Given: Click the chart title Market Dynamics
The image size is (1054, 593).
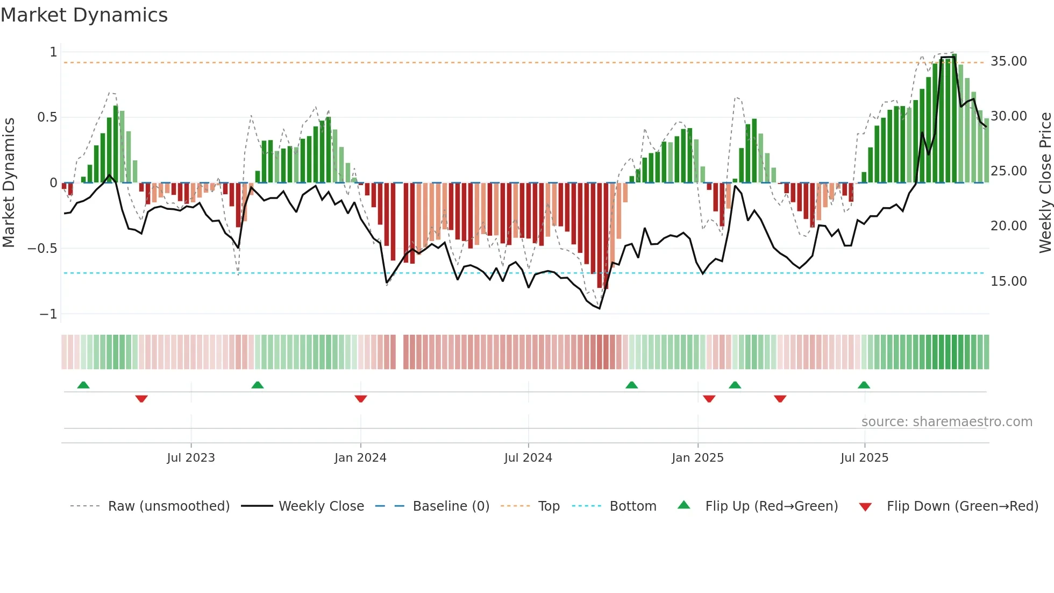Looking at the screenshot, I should tap(84, 15).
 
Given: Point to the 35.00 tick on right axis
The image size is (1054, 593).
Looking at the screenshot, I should tap(1008, 61).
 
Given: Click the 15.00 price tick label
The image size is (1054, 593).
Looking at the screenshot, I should tap(1008, 281).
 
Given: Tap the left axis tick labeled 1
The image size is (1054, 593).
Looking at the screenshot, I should tap(53, 52).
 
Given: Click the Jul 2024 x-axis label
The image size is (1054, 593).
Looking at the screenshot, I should tap(528, 458).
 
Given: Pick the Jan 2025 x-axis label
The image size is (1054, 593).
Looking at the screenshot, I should tap(697, 458).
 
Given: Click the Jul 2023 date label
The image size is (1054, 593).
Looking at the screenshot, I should tap(191, 458).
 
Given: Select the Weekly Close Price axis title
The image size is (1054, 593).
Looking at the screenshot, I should tap(1045, 182).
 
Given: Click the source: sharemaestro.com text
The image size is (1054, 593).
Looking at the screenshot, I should tap(946, 422).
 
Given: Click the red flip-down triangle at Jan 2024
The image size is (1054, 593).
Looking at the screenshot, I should tap(361, 399).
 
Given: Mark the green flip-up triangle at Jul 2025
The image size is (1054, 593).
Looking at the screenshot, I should tap(864, 385).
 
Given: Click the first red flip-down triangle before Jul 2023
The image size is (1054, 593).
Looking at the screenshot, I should tap(141, 399).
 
